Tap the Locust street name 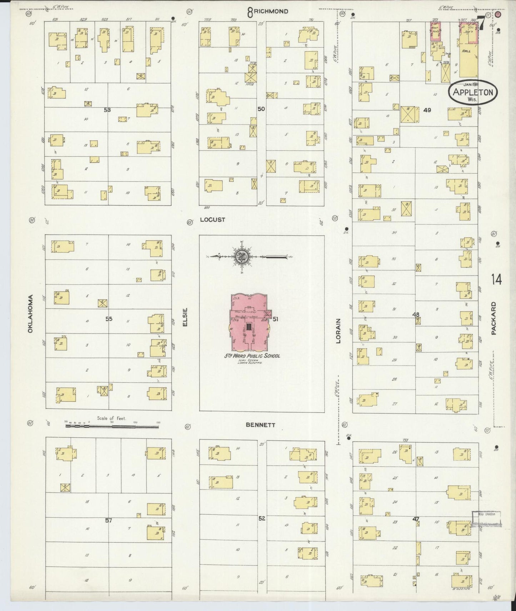[x=212, y=220]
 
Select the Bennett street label [x=261, y=425]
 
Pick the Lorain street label [x=338, y=331]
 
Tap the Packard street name [x=494, y=318]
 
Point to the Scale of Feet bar [x=112, y=426]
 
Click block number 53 [x=107, y=110]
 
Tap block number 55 [x=109, y=319]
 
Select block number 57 [x=108, y=521]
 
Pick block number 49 [x=427, y=110]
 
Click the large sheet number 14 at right [x=496, y=279]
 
